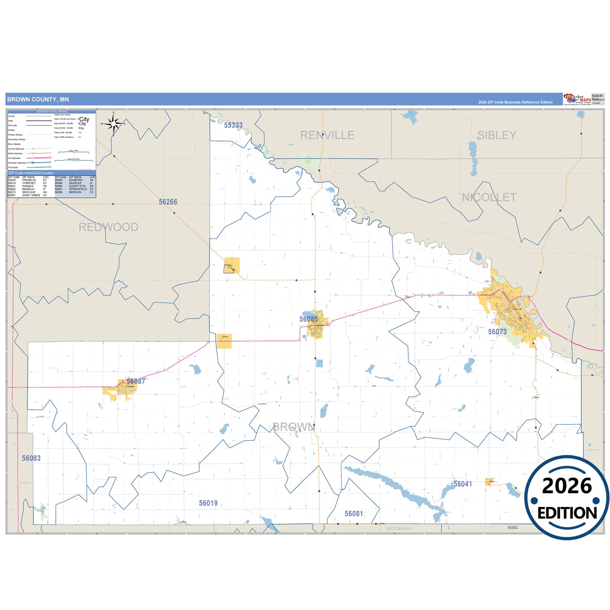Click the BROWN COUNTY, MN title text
coord(38,100)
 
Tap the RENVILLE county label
coord(327,135)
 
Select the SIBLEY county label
coord(496,135)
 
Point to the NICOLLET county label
coord(489,197)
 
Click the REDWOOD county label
coord(108,227)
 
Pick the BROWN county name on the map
coord(293,427)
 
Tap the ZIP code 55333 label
coord(233,125)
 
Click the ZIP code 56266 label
coord(168,202)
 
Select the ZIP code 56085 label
coord(309,319)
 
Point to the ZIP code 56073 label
coord(497,332)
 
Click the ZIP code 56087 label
coord(136,381)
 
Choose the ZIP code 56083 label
coord(31,458)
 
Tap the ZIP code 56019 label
coord(208,503)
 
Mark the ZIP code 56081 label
coord(354,513)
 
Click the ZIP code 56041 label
coord(463,484)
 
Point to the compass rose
coord(113,124)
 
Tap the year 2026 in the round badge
coord(567,486)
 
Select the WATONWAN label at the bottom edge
coord(399,529)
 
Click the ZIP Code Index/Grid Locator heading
coord(31,173)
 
